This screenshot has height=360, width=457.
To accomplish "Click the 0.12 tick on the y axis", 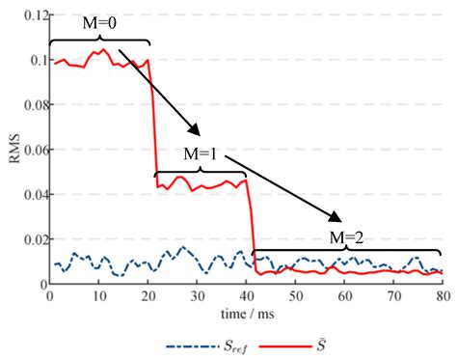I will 30,15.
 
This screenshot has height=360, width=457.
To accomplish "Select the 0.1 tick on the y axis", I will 34,60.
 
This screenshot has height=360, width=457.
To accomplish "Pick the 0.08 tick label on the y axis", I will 30,105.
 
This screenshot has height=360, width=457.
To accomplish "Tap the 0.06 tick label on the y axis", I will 30,150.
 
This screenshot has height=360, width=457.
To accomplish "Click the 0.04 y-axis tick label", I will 30,195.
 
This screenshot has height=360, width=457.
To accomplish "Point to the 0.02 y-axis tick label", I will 30,239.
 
